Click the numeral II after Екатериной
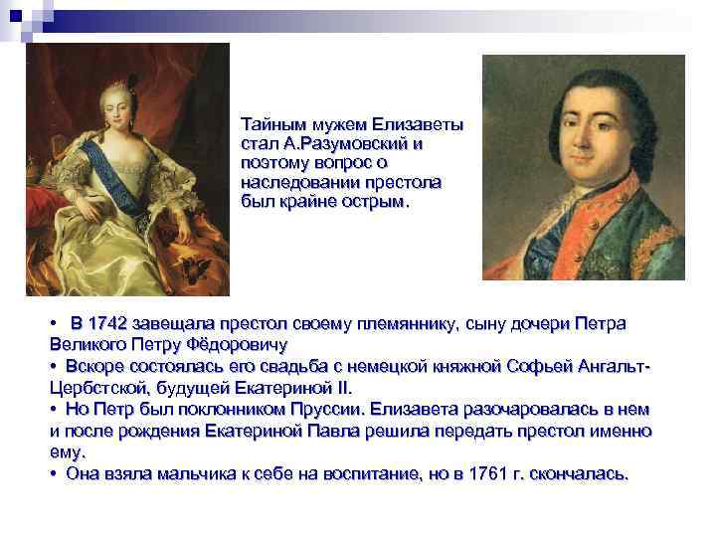[x=344, y=389]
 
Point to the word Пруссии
[x=328, y=409]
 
